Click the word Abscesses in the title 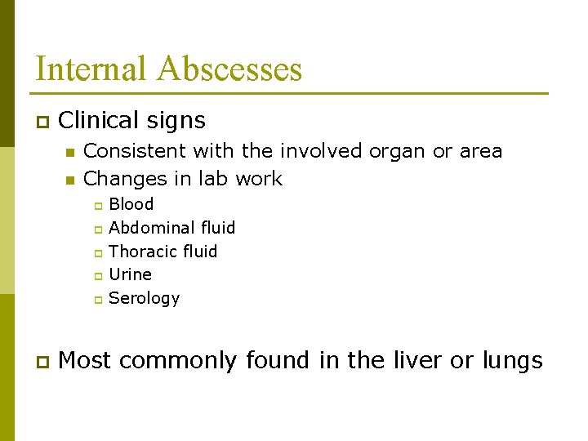[x=230, y=69]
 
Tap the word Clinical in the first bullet [x=100, y=121]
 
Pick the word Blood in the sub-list [x=131, y=204]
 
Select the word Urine [x=130, y=274]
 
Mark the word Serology [x=144, y=298]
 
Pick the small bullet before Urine [x=97, y=276]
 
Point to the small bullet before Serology [x=97, y=300]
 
